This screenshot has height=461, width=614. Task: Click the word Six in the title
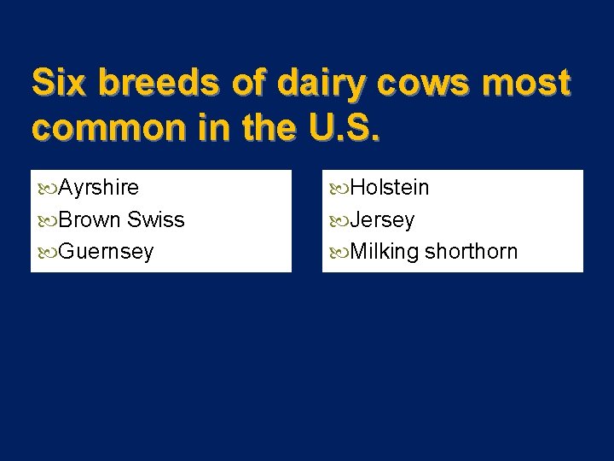pyautogui.click(x=56, y=83)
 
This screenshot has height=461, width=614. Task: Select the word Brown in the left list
pyautogui.click(x=90, y=219)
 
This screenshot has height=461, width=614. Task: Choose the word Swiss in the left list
pyautogui.click(x=156, y=219)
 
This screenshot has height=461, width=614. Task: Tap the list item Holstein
pyautogui.click(x=390, y=188)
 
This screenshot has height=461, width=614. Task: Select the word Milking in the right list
pyautogui.click(x=385, y=252)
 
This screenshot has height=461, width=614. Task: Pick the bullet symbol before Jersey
pyautogui.click(x=339, y=220)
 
